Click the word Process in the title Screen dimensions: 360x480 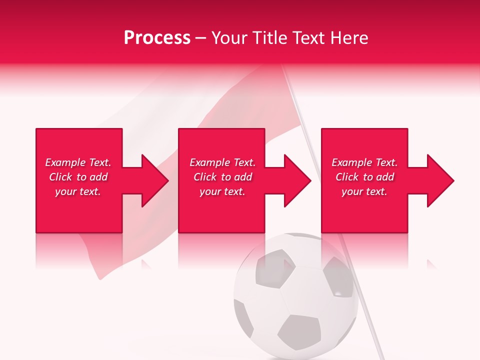tap(157, 38)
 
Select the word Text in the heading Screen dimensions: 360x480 tap(309, 38)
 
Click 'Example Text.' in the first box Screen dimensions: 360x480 tap(78, 162)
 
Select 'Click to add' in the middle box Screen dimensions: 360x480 tap(222, 177)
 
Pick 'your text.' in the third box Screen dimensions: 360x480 tap(364, 191)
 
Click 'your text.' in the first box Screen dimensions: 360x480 tap(78, 191)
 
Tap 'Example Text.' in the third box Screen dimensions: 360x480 tap(364, 162)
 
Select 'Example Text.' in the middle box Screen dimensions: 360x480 tap(222, 162)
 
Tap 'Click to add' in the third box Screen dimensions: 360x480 tap(364, 177)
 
